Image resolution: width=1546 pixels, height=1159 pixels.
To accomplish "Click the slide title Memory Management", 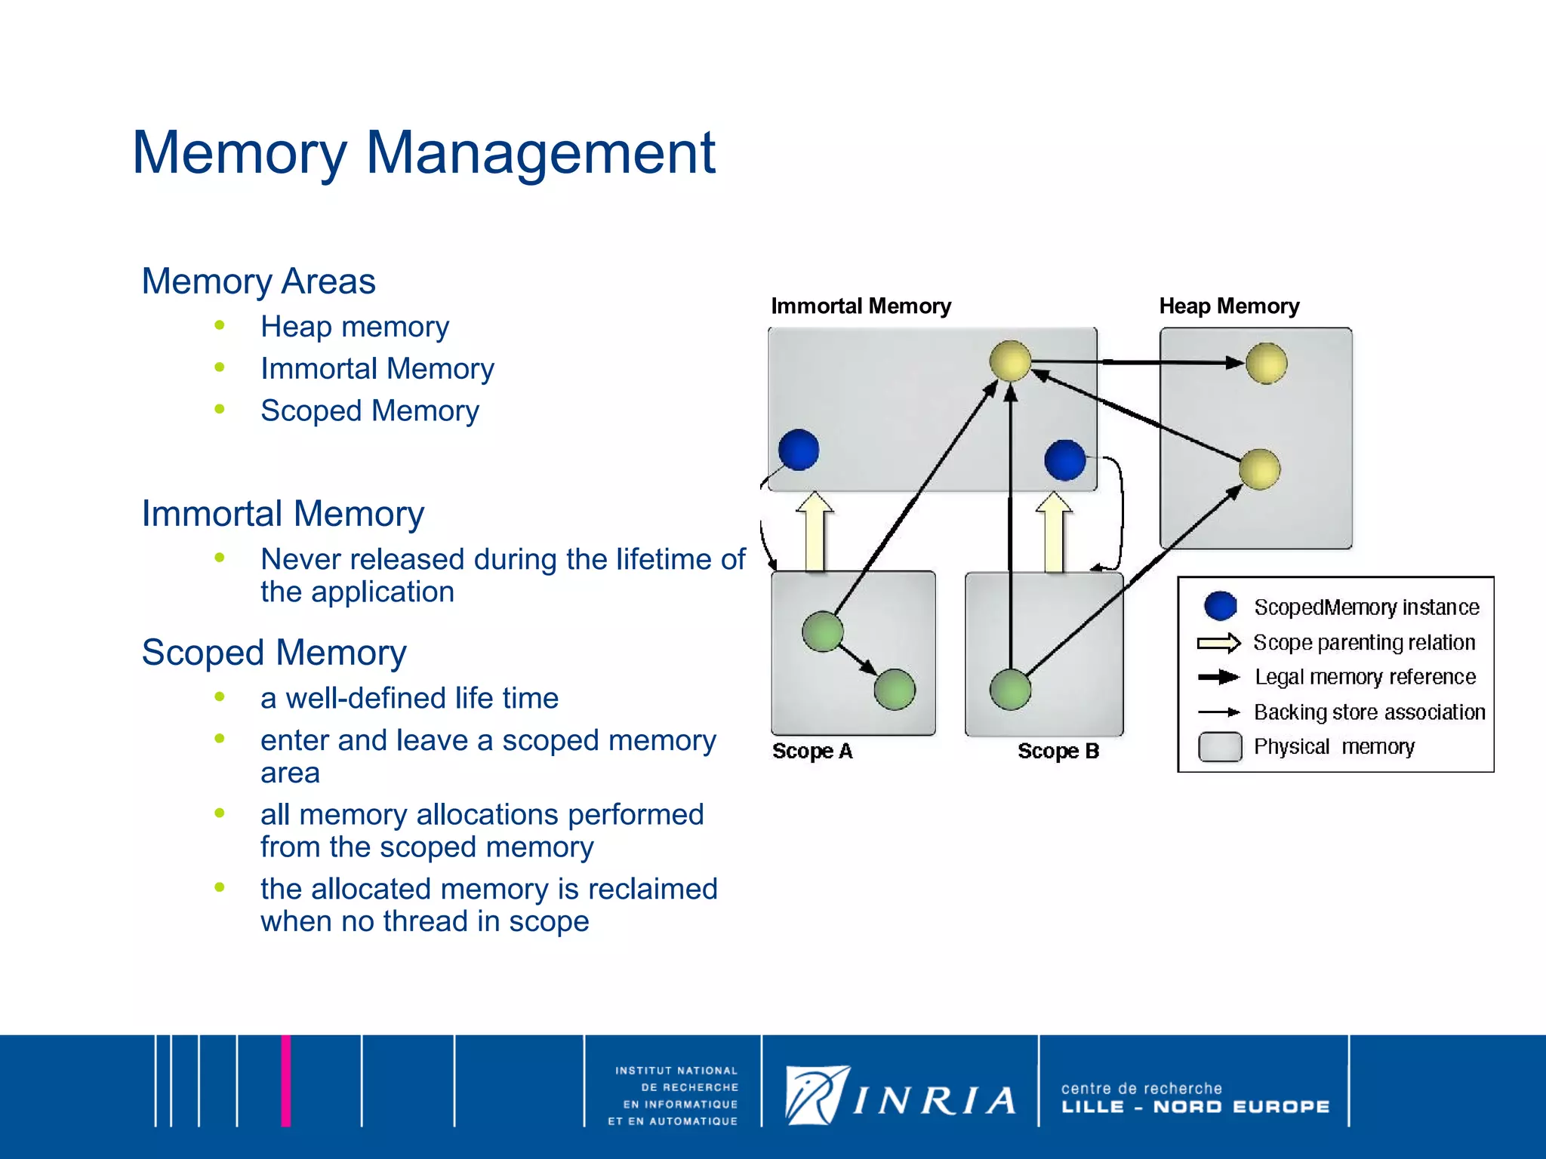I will (423, 153).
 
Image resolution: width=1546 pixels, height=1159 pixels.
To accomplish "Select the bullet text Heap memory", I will (355, 327).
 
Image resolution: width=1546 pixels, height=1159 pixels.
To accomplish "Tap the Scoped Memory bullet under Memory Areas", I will (370, 411).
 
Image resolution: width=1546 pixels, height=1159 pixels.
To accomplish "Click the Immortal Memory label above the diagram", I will (861, 306).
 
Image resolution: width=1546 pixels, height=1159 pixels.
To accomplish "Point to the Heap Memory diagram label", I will (1229, 306).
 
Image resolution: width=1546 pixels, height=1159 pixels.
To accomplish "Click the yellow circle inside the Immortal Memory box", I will (1010, 361).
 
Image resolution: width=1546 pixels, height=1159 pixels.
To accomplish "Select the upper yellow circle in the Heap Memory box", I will (1266, 363).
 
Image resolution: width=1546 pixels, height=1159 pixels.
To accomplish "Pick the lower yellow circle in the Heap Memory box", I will (1259, 469).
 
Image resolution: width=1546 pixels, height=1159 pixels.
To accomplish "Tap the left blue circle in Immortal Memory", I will (799, 450).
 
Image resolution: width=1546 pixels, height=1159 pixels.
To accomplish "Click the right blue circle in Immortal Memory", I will (1064, 460).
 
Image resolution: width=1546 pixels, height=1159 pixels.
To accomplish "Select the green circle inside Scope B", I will (1010, 689).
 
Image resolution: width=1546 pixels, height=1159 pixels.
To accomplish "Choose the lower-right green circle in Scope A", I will (895, 689).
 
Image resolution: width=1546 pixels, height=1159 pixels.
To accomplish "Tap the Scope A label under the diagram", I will (812, 752).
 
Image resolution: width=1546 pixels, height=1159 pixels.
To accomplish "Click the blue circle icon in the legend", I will (1220, 606).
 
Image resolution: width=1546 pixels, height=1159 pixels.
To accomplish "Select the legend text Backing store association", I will (1369, 712).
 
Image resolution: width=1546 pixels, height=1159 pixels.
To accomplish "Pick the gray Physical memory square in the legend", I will (1220, 747).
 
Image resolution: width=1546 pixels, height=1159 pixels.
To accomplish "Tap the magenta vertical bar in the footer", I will (286, 1081).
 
